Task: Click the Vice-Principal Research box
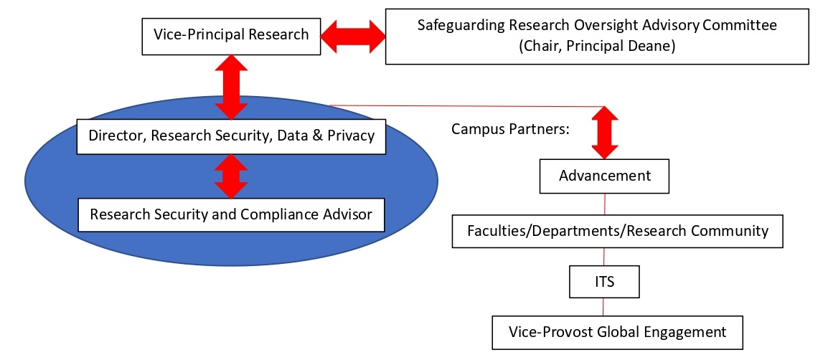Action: click(231, 34)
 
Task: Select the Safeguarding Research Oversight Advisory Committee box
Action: click(597, 36)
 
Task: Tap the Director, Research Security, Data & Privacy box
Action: click(231, 136)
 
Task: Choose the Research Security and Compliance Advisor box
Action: click(231, 214)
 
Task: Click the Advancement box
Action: click(605, 176)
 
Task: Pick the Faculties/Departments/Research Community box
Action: click(617, 231)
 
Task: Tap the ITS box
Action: click(604, 282)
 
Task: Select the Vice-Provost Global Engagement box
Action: click(617, 333)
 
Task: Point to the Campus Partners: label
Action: click(500, 130)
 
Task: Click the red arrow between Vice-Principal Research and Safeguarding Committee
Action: click(353, 35)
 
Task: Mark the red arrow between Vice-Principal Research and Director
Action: click(230, 87)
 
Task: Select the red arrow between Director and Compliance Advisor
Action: click(230, 175)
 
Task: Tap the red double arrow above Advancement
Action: click(604, 132)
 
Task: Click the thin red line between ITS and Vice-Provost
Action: click(603, 307)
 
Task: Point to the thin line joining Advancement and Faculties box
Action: click(604, 204)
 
